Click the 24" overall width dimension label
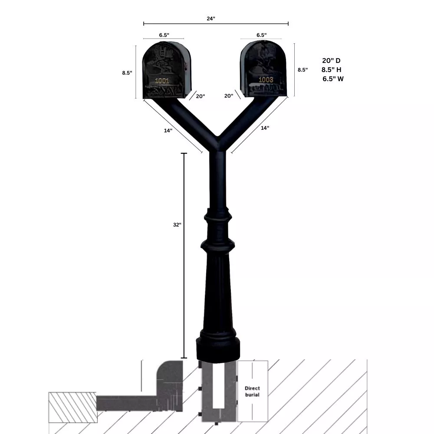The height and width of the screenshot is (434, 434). [211, 19]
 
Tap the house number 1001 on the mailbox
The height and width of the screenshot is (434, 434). [162, 80]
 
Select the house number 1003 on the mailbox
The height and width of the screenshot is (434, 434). [266, 80]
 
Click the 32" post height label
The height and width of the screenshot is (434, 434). [177, 225]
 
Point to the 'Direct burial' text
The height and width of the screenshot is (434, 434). [252, 391]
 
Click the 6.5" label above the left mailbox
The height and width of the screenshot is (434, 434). [164, 35]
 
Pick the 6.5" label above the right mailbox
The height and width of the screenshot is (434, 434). [261, 35]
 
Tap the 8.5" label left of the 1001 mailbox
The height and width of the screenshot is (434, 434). [127, 73]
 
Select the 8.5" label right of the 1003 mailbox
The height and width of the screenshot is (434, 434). [302, 69]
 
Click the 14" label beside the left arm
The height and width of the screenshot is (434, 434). [168, 131]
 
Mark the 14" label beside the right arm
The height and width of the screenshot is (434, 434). [265, 128]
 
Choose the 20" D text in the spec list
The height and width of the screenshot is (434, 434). [331, 60]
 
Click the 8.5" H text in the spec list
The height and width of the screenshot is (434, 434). [331, 69]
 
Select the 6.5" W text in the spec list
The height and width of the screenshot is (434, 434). [333, 79]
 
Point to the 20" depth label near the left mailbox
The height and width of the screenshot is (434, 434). [200, 96]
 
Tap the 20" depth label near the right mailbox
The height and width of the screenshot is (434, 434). [229, 96]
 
